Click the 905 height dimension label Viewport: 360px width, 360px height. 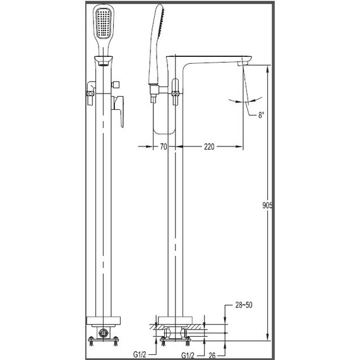(267, 205)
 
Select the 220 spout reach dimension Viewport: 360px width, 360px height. (209, 147)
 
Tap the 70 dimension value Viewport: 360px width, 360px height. (163, 147)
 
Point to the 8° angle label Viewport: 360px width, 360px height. (261, 115)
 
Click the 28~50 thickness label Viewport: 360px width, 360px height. (244, 305)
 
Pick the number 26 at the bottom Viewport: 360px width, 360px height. (212, 356)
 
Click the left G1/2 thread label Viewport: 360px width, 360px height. (140, 355)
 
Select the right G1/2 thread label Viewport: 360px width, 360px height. (188, 356)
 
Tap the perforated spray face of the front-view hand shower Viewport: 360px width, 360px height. (104, 23)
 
